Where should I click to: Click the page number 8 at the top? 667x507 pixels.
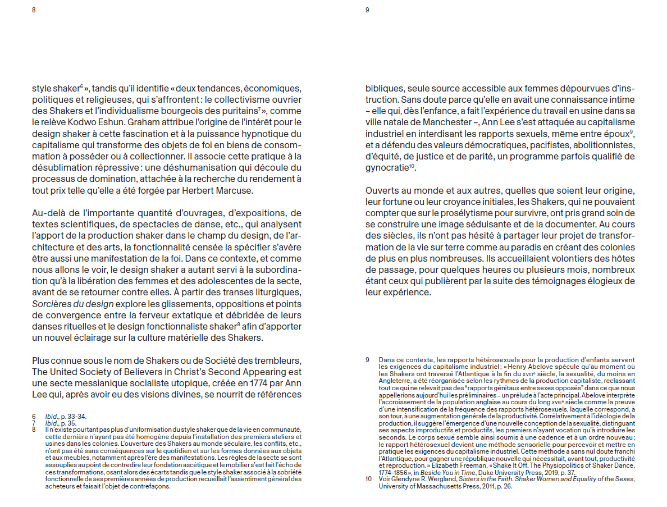tap(34, 10)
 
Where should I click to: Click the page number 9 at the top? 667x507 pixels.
tap(367, 10)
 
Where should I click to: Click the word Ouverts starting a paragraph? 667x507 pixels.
tap(382, 190)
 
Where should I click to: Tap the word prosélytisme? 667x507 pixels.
tap(468, 213)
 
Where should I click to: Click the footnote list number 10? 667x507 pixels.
tap(369, 479)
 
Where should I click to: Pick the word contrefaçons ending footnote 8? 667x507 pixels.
tap(152, 486)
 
